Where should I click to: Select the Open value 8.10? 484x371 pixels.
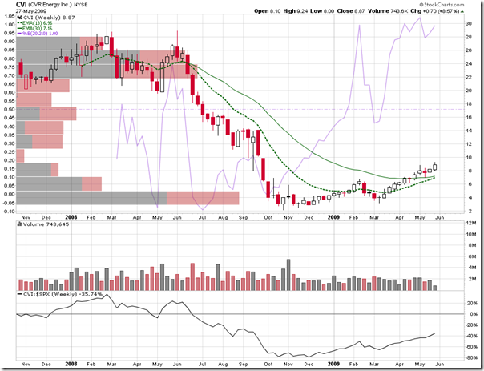tap(285, 10)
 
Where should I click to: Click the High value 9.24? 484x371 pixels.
tap(320, 10)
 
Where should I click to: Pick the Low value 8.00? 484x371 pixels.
tap(353, 10)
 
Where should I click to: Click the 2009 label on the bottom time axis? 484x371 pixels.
tap(333, 365)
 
